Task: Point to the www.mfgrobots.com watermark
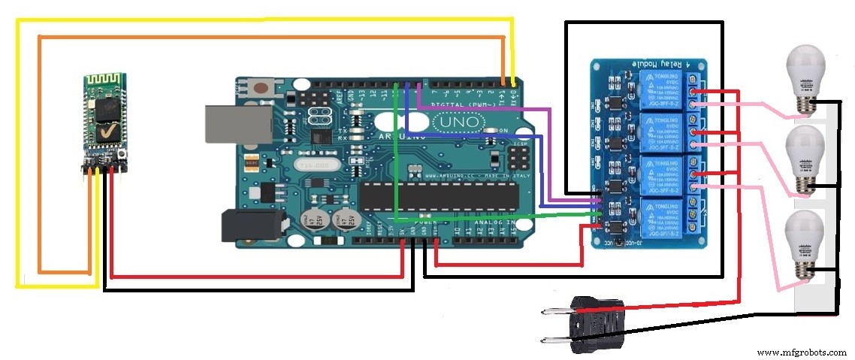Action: click(x=801, y=352)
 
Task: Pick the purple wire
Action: click(x=488, y=108)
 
